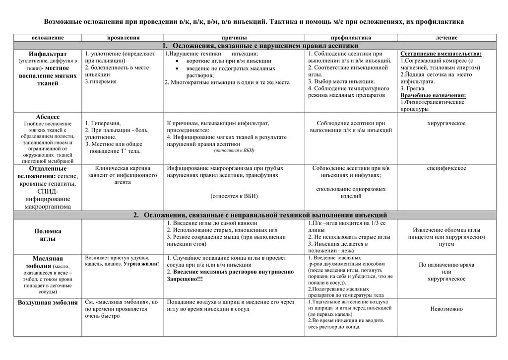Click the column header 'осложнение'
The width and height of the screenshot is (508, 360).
tap(48, 38)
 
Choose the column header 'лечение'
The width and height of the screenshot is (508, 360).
tap(446, 38)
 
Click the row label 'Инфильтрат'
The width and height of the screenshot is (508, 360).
tap(48, 54)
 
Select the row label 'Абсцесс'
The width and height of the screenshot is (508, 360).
tap(48, 117)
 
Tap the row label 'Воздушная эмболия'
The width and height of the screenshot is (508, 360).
tap(48, 302)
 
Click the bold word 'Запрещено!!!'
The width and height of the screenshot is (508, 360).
tap(185, 279)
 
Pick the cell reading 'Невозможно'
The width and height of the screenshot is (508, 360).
tap(446, 309)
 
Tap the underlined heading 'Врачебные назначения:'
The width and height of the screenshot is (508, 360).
tap(433, 95)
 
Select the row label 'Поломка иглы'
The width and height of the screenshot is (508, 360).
tap(48, 235)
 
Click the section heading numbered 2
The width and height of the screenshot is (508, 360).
tap(260, 215)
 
